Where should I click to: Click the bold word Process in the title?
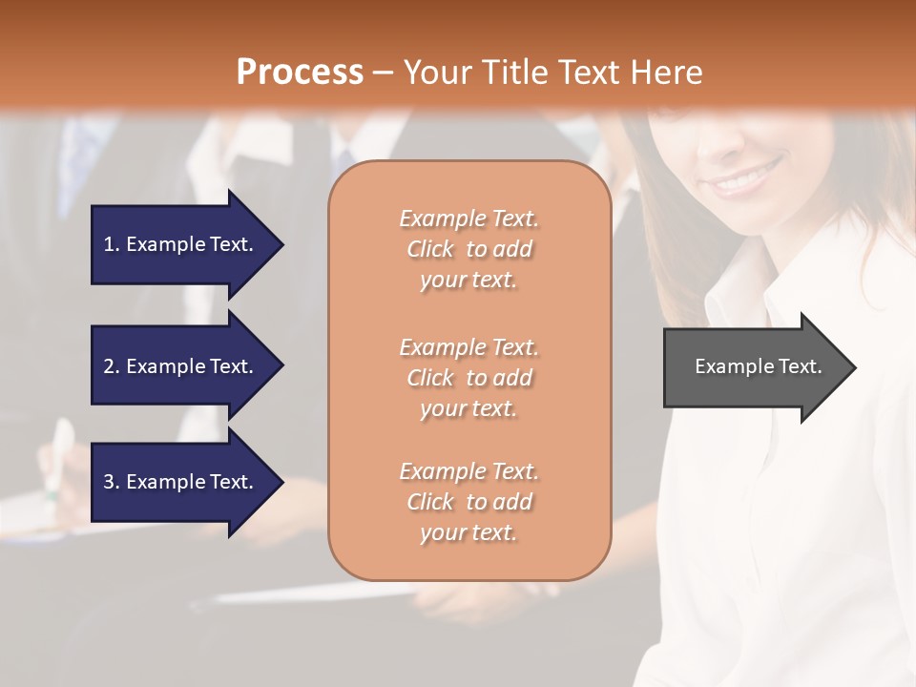tap(300, 72)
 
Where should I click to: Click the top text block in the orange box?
tap(468, 249)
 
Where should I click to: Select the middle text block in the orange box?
tap(468, 378)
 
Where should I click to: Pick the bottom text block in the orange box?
tap(468, 502)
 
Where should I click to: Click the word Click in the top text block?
tap(430, 249)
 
